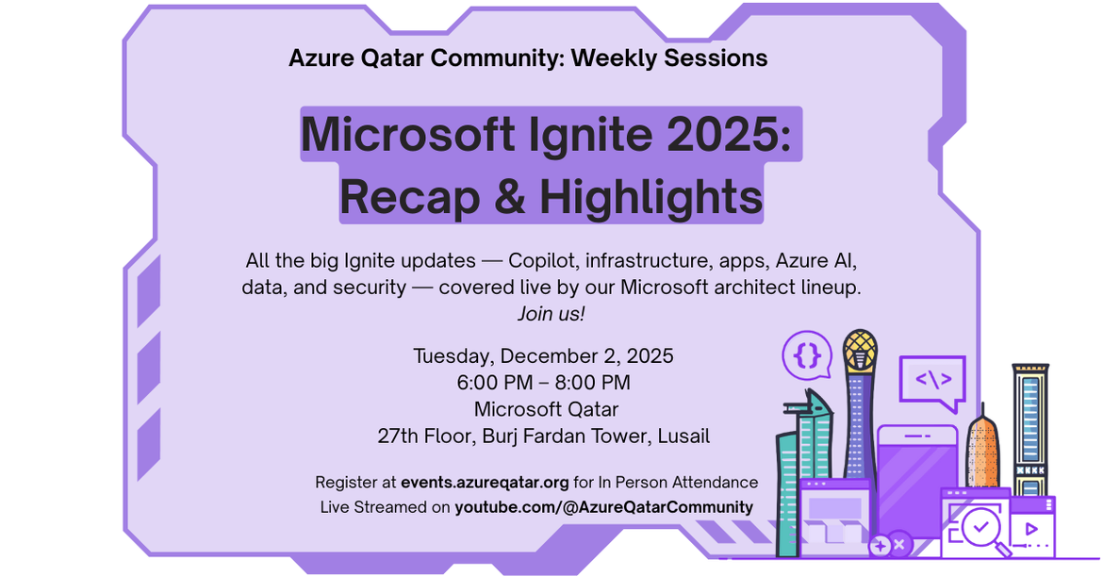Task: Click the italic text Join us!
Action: click(551, 314)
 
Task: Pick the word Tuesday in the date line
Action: click(452, 356)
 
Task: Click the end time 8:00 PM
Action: click(590, 383)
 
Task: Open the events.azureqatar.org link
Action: click(485, 483)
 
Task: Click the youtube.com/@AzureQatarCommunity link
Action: click(603, 507)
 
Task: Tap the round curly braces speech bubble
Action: click(806, 354)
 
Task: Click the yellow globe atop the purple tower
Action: click(859, 349)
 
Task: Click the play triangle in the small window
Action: click(1031, 530)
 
